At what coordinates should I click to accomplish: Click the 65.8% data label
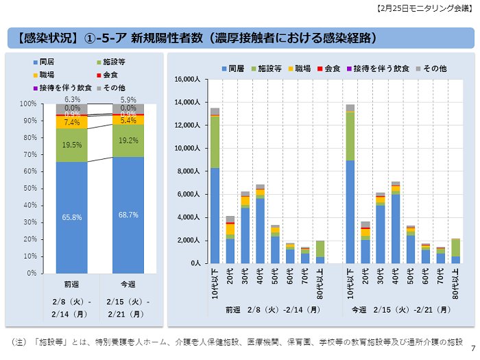tap(72, 217)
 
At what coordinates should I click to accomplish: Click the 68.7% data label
tap(128, 215)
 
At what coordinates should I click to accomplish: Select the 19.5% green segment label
tap(72, 145)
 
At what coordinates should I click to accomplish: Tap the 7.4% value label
tap(72, 122)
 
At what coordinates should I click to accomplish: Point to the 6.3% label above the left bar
tap(72, 99)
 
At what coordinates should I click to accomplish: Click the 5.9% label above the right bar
tap(128, 99)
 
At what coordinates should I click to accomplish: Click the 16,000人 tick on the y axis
tap(186, 80)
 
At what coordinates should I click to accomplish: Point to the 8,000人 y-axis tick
tap(188, 171)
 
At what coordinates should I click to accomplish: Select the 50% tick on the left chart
tap(28, 188)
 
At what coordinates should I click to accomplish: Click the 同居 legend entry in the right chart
tap(232, 69)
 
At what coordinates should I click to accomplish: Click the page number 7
tap(472, 348)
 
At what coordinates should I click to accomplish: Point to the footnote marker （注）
tap(20, 341)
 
